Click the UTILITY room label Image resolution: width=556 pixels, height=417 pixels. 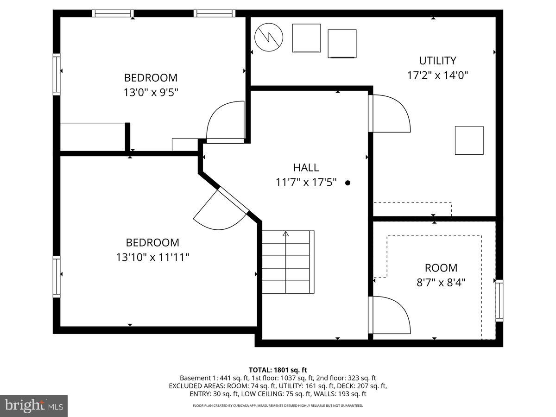coord(437,61)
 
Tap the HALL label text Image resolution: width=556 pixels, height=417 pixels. coord(306,168)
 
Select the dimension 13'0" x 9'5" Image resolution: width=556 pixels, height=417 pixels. coord(151,92)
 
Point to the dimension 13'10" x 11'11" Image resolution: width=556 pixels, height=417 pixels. coord(152,257)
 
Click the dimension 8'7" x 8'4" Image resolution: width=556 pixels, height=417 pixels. coord(441,282)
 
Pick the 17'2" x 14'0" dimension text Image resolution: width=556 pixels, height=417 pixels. coord(437,76)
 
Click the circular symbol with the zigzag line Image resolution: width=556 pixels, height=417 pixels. coord(269,38)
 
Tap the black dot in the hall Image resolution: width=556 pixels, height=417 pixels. coord(347,183)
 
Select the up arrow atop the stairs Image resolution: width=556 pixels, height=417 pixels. coord(286,234)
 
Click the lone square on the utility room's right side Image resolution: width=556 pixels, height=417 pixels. coord(469,140)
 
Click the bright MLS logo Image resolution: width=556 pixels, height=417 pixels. coord(34,406)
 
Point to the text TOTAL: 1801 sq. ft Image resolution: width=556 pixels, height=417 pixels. coord(278,370)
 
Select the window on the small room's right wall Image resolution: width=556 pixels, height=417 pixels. coord(499,300)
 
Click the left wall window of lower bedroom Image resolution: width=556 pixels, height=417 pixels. coord(57,277)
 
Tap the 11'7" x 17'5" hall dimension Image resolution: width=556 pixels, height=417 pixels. coord(306,183)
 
